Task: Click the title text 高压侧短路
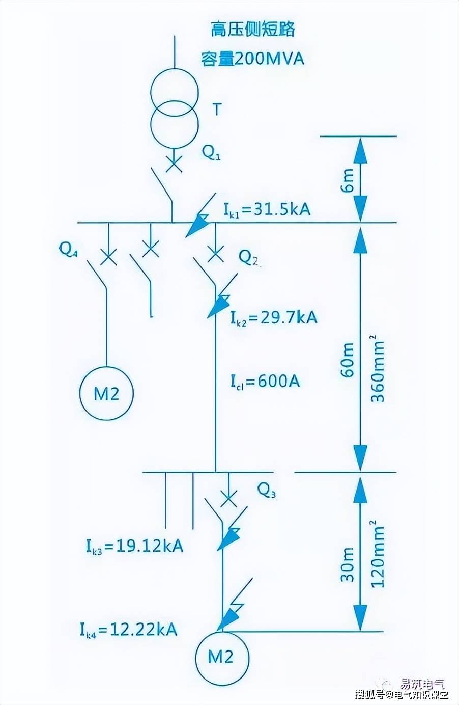[253, 30]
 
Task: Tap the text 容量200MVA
[252, 59]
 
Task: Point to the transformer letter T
[217, 109]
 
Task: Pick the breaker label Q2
[249, 259]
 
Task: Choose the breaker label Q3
[267, 490]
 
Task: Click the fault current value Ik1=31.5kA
[267, 209]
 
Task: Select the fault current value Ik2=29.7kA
[273, 317]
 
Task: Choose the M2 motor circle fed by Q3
[221, 657]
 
